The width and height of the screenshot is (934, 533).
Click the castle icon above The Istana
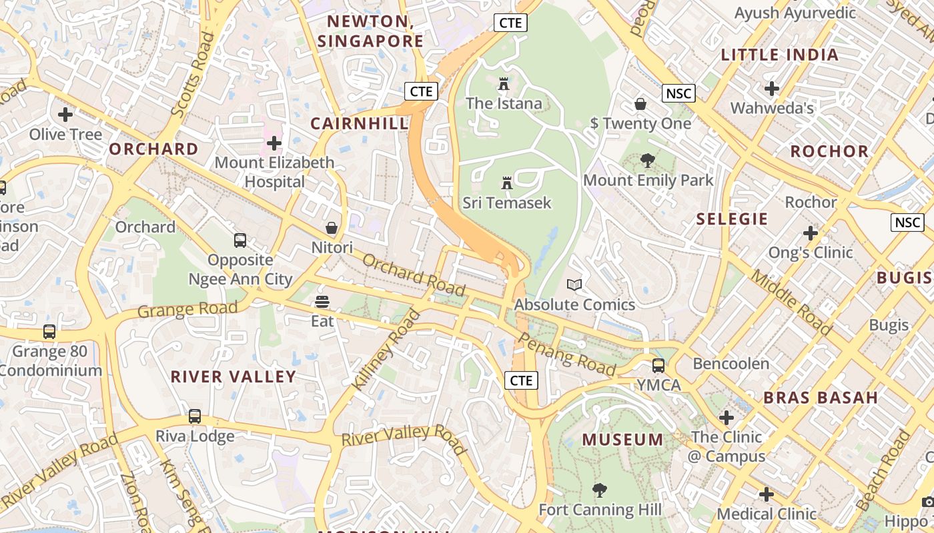pos(503,84)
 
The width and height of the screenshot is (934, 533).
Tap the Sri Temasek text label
pos(507,203)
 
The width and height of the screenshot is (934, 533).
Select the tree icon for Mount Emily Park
pos(647,161)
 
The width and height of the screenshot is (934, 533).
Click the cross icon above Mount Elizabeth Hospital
pos(274,143)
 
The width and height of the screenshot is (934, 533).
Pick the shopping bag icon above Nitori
pos(332,228)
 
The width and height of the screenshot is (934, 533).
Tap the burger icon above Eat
pos(322,302)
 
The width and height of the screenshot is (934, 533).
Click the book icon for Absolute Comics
pos(574,285)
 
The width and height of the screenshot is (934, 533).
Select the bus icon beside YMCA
pos(658,366)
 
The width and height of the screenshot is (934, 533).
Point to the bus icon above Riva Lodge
pos(194,416)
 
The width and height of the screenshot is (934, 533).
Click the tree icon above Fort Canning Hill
pos(600,490)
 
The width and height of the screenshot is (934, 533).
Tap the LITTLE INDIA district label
pos(779,55)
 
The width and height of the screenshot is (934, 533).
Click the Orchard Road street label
pos(414,274)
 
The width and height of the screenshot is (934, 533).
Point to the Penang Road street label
pos(566,354)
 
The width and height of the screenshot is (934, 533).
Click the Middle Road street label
pos(792,302)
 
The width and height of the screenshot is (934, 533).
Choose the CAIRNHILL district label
pos(359,123)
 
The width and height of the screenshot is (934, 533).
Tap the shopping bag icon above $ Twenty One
pos(640,104)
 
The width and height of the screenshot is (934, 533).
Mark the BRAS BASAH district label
pos(821,398)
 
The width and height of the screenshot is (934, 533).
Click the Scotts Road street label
pos(193,75)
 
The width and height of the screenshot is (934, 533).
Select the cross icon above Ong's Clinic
pos(811,233)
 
